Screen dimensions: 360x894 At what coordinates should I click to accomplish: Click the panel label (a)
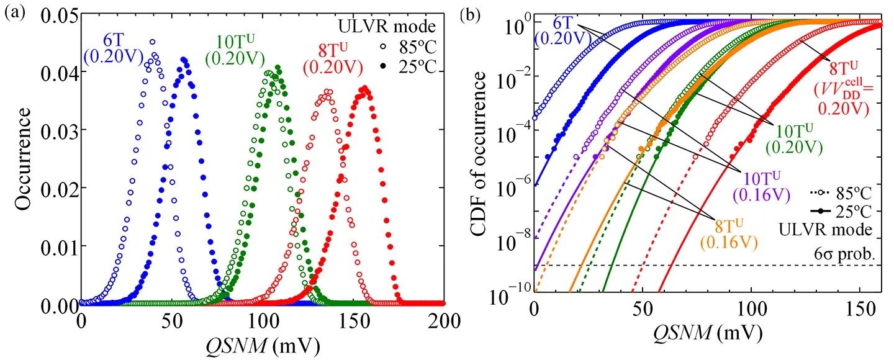click(x=14, y=12)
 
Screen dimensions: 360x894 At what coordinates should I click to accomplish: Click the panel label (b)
click(x=468, y=12)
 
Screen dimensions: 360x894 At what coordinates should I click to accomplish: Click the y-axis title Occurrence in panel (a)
click(x=23, y=158)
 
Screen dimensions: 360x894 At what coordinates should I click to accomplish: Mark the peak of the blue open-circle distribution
click(x=152, y=42)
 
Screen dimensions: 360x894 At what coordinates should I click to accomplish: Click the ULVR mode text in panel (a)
click(x=405, y=27)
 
